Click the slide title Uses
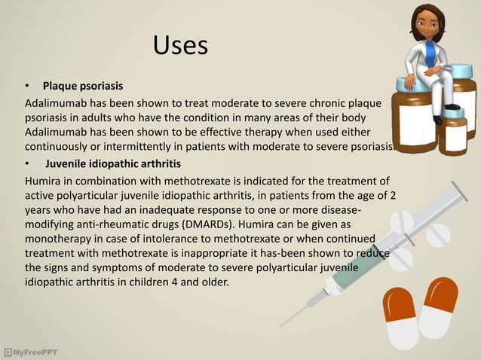pyautogui.click(x=180, y=45)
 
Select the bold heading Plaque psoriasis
pyautogui.click(x=82, y=84)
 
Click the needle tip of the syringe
pyautogui.click(x=282, y=325)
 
